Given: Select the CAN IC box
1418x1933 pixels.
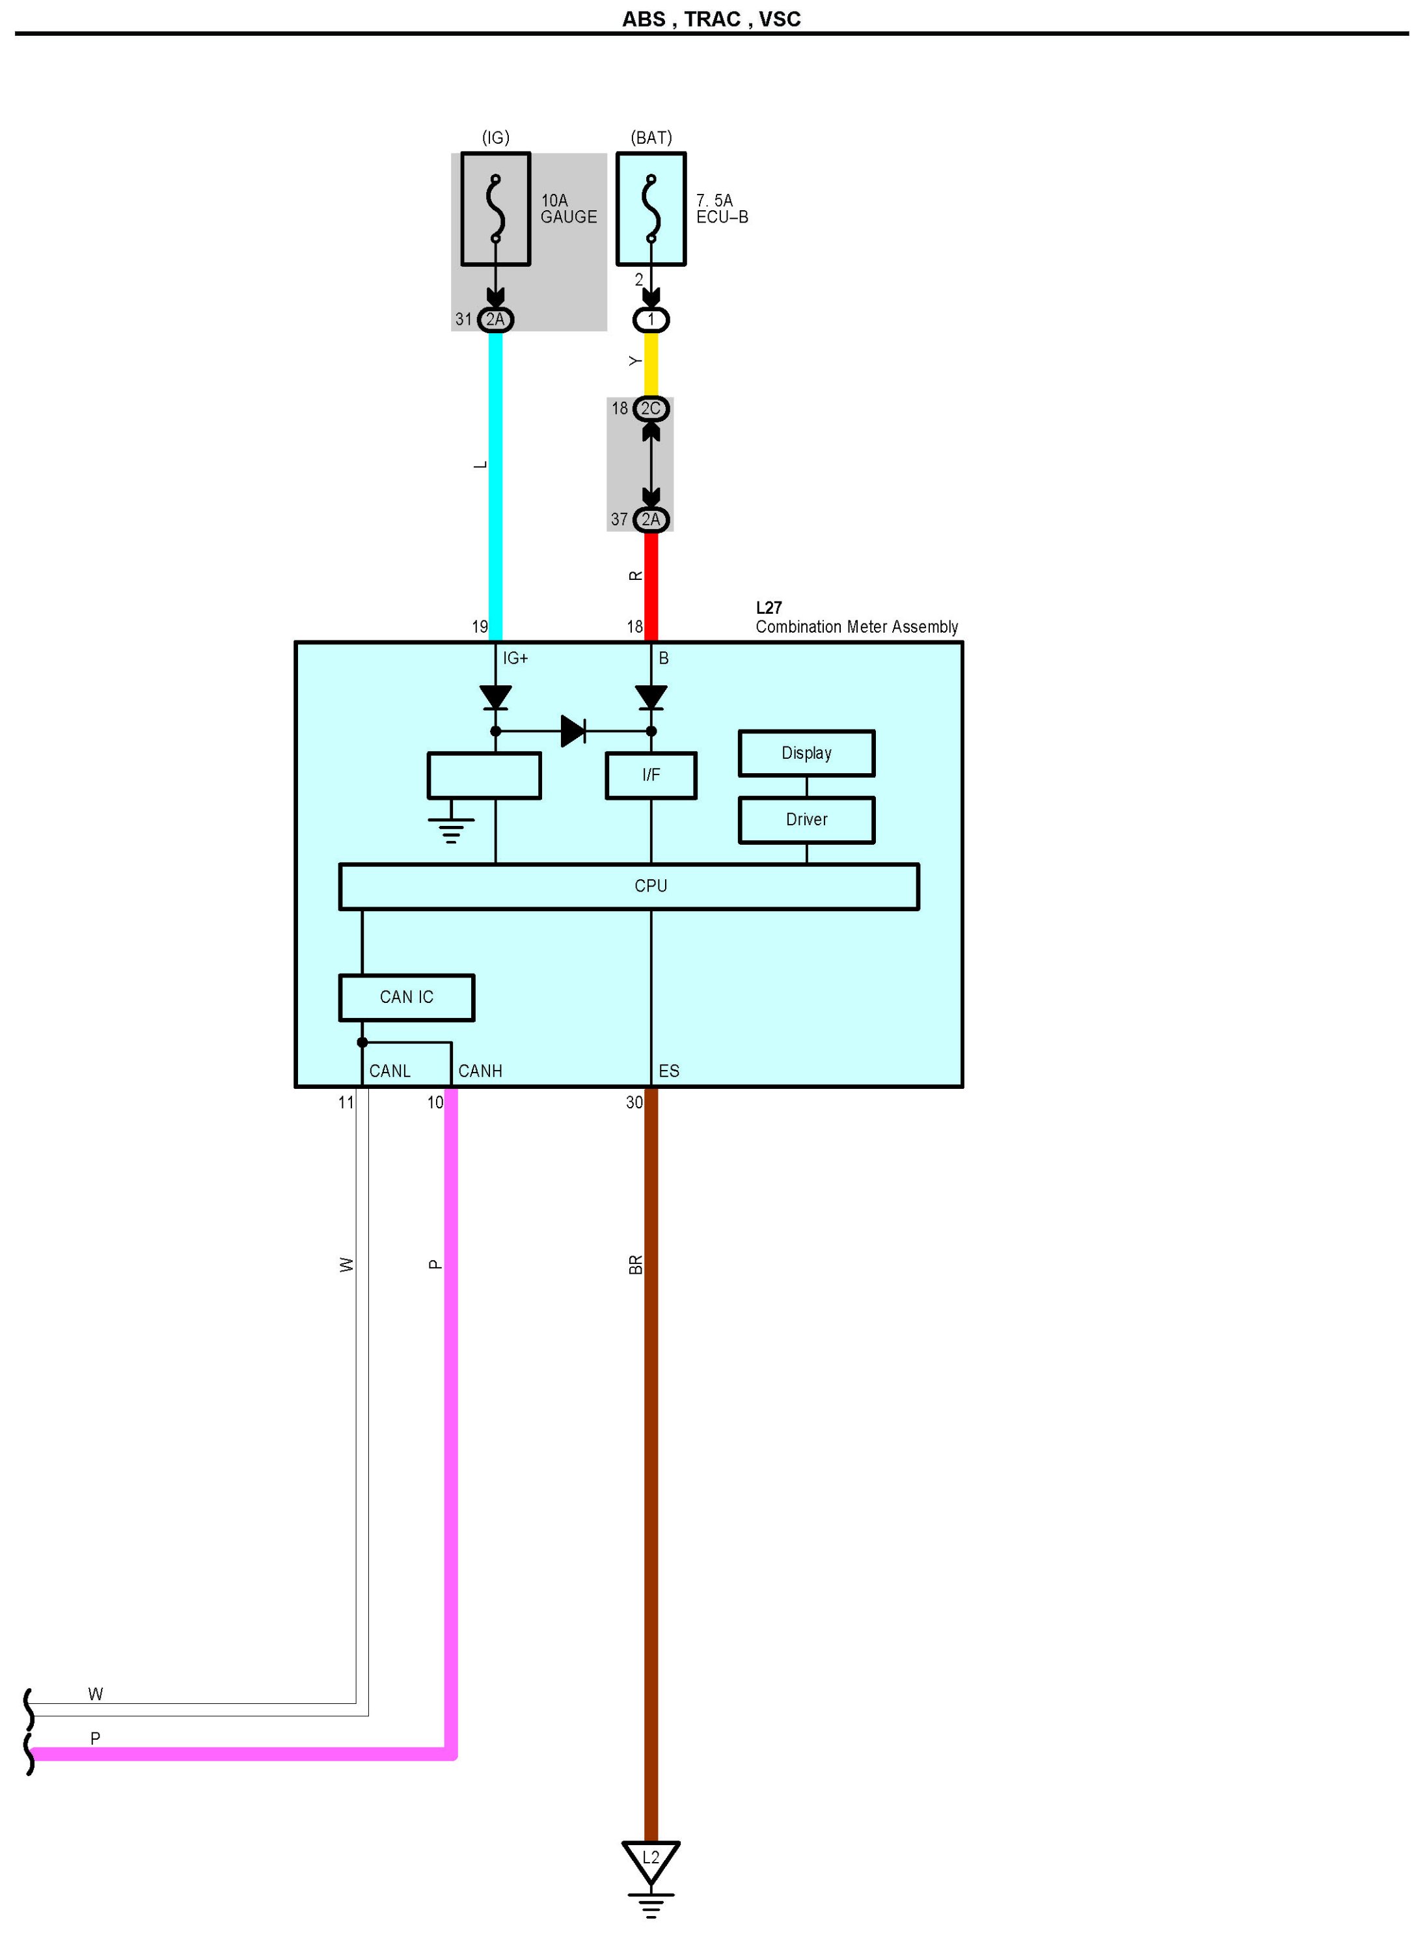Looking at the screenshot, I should [x=406, y=996].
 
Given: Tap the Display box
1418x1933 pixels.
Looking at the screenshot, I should [x=806, y=753].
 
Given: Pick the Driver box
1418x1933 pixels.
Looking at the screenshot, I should [x=806, y=819].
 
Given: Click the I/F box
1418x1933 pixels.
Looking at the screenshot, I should [x=651, y=775].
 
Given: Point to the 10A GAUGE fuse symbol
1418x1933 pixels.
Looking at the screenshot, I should [x=495, y=208].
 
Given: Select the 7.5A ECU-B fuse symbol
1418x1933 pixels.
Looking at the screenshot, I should [x=651, y=208].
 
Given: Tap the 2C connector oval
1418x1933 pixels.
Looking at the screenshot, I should [x=651, y=409].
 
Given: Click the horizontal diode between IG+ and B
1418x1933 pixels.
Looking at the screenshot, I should [x=573, y=732].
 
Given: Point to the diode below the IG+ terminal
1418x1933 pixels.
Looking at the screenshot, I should [x=495, y=697].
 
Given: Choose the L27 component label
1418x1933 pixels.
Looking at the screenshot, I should [x=769, y=608].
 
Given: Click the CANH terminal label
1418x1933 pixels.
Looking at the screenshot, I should [x=480, y=1071].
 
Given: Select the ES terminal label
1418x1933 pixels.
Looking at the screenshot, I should [x=669, y=1071].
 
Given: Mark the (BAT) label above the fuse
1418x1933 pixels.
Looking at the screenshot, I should [x=651, y=137].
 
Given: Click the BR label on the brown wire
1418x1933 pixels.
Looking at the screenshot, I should [x=635, y=1265].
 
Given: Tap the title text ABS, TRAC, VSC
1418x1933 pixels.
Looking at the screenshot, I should [x=711, y=19].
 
